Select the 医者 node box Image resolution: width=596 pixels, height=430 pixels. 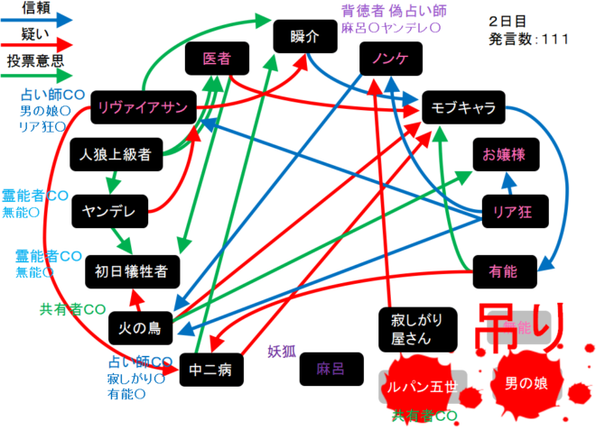216,59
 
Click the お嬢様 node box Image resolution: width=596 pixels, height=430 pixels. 505,153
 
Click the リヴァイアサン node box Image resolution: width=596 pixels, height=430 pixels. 143,109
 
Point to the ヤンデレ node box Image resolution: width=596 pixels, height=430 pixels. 108,211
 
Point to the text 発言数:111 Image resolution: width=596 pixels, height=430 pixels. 529,40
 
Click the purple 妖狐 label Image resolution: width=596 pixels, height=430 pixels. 282,352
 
